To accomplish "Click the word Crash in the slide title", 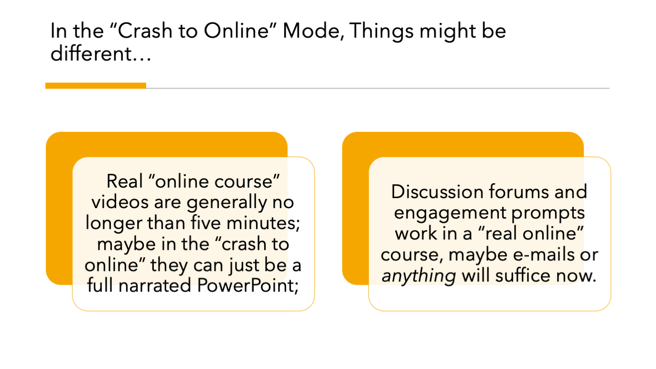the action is pyautogui.click(x=145, y=30).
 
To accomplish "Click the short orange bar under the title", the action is pyautogui.click(x=96, y=86).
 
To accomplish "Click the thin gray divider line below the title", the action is pyautogui.click(x=378, y=88).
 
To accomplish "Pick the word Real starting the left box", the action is pyautogui.click(x=124, y=181).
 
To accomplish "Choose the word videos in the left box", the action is pyautogui.click(x=120, y=202).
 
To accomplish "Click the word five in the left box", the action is pyautogui.click(x=205, y=223).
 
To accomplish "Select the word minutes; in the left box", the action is pyautogui.click(x=263, y=223).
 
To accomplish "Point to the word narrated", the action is pyautogui.click(x=155, y=286).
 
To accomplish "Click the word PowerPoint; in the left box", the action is pyautogui.click(x=248, y=285).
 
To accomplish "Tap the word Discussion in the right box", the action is pyautogui.click(x=437, y=192).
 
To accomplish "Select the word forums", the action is pyautogui.click(x=519, y=192).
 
